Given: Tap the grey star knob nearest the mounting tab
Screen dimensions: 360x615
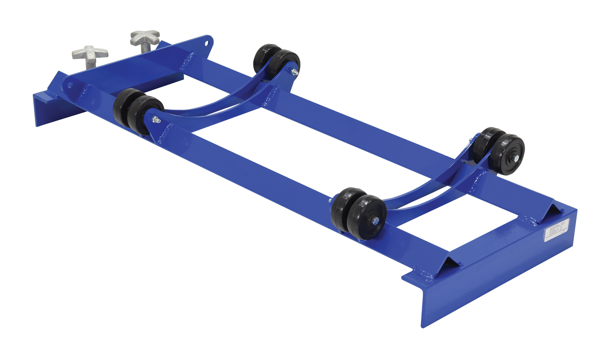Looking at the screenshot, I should pyautogui.click(x=145, y=37).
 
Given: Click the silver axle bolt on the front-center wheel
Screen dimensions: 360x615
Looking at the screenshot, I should pyautogui.click(x=376, y=221).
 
